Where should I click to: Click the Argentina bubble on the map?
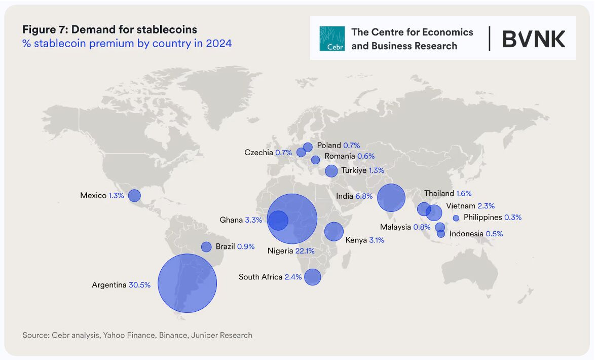tap(188, 283)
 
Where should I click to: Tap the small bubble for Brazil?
tap(206, 247)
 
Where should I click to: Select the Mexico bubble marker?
tap(134, 195)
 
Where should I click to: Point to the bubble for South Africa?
tap(313, 277)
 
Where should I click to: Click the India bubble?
tap(391, 197)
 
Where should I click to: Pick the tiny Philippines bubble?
tap(456, 218)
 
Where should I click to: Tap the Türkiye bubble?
tap(331, 171)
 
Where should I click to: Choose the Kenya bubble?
tap(334, 231)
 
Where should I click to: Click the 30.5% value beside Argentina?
tap(139, 285)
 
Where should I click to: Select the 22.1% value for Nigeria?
tap(305, 250)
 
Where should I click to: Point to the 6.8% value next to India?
tap(364, 196)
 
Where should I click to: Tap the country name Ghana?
tap(231, 220)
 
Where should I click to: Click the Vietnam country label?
tap(461, 206)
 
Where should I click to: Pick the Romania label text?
tap(340, 156)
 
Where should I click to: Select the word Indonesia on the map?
tap(466, 234)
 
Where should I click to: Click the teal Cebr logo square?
tap(332, 39)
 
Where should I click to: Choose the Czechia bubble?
tap(301, 152)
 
